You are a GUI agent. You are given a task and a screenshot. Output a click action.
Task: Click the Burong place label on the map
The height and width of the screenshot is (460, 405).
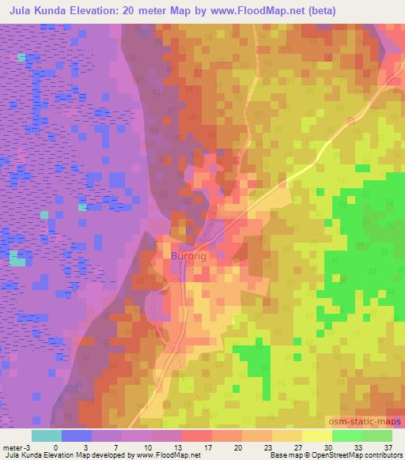pos(189,256)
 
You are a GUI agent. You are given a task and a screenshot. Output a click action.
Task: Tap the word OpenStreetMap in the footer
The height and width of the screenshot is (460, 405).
pos(332,454)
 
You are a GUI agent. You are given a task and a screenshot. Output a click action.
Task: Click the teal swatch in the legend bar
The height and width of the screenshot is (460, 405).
pos(47,435)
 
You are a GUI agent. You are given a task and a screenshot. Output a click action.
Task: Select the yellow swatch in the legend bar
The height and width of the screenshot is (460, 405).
pos(316,435)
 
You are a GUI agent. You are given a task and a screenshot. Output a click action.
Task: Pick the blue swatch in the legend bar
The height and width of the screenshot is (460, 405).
pos(77,435)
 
